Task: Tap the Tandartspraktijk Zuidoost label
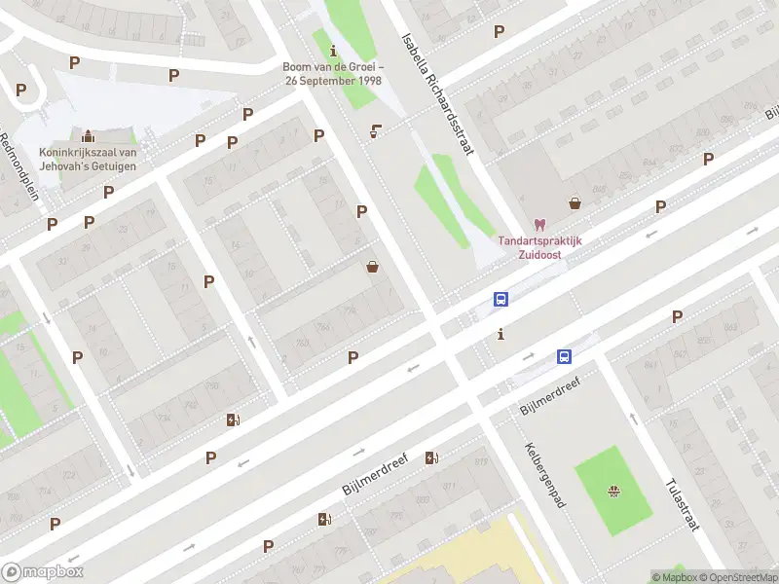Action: tap(540, 248)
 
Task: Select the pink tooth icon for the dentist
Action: tap(540, 225)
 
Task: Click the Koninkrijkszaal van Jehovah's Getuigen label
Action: tap(88, 159)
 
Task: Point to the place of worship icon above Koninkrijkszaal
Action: tap(89, 134)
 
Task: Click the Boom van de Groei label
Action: tap(331, 73)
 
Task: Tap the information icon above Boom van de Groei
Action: tap(334, 50)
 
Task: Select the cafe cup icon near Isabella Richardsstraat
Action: tap(376, 131)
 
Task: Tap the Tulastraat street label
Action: tap(684, 505)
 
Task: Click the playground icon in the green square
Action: tap(613, 490)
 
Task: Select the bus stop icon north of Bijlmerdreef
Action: tap(501, 300)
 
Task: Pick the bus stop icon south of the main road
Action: tap(564, 357)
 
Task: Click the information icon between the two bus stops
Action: tap(501, 335)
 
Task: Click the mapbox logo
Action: tap(43, 571)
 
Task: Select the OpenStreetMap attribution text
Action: tap(737, 577)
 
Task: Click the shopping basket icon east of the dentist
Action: tap(575, 203)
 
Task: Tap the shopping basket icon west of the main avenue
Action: tap(372, 267)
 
